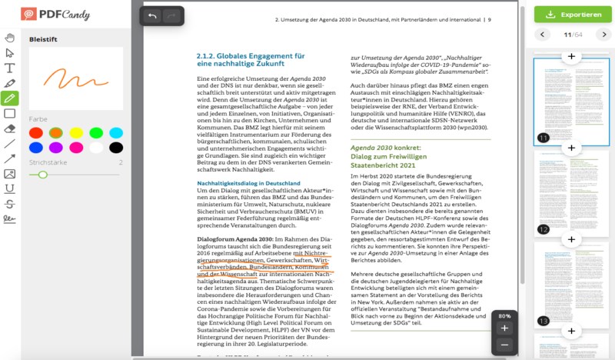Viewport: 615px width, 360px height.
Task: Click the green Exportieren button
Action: pyautogui.click(x=573, y=15)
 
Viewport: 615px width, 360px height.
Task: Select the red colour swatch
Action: pyautogui.click(x=35, y=133)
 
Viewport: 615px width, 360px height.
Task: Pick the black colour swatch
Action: pyautogui.click(x=116, y=148)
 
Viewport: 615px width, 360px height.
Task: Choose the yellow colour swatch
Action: pyautogui.click(x=76, y=133)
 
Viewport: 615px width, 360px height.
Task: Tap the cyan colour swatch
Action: pyautogui.click(x=116, y=133)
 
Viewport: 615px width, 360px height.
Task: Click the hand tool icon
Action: pyautogui.click(x=10, y=38)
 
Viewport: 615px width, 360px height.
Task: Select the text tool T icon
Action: pyautogui.click(x=10, y=68)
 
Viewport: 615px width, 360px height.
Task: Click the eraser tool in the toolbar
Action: pyautogui.click(x=10, y=128)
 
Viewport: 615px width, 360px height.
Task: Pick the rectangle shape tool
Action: pyautogui.click(x=10, y=113)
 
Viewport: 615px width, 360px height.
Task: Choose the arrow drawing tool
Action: pyautogui.click(x=10, y=158)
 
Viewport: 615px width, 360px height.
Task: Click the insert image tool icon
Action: pyautogui.click(x=10, y=174)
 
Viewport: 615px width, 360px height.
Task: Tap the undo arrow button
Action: pyautogui.click(x=152, y=16)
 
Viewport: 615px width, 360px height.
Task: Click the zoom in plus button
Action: pyautogui.click(x=504, y=328)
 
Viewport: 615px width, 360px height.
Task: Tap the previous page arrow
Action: pyautogui.click(x=543, y=35)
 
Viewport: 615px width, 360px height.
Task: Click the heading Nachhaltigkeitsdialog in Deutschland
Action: pyautogui.click(x=248, y=184)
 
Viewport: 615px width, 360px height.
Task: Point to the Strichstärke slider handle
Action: pyautogui.click(x=43, y=175)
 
